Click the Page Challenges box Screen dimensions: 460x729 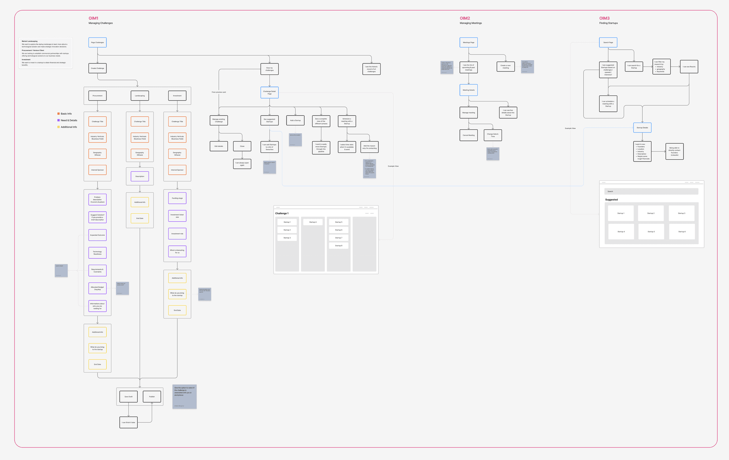[x=97, y=42]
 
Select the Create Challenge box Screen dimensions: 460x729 [x=97, y=68]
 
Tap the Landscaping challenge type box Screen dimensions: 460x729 [x=140, y=95]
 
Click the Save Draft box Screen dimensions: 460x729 [x=129, y=397]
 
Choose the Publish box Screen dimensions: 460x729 [x=152, y=397]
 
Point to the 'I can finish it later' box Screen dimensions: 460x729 [x=129, y=423]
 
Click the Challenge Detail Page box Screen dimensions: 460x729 [x=269, y=93]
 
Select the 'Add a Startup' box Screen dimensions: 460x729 [x=295, y=120]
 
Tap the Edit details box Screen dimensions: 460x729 [x=219, y=146]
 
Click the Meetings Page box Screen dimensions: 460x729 [x=468, y=42]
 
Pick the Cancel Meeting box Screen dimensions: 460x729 [x=468, y=135]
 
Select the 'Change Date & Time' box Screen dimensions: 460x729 [x=493, y=135]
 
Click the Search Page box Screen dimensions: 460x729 [x=608, y=42]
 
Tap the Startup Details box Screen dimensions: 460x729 [x=642, y=128]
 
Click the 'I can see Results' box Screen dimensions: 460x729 [x=689, y=67]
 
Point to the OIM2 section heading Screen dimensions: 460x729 [x=465, y=18]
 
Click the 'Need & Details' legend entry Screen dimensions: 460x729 [x=69, y=120]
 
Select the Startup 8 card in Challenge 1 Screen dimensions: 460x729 [x=339, y=245]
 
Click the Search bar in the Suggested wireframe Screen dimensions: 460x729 [x=651, y=191]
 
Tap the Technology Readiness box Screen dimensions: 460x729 [x=97, y=253]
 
